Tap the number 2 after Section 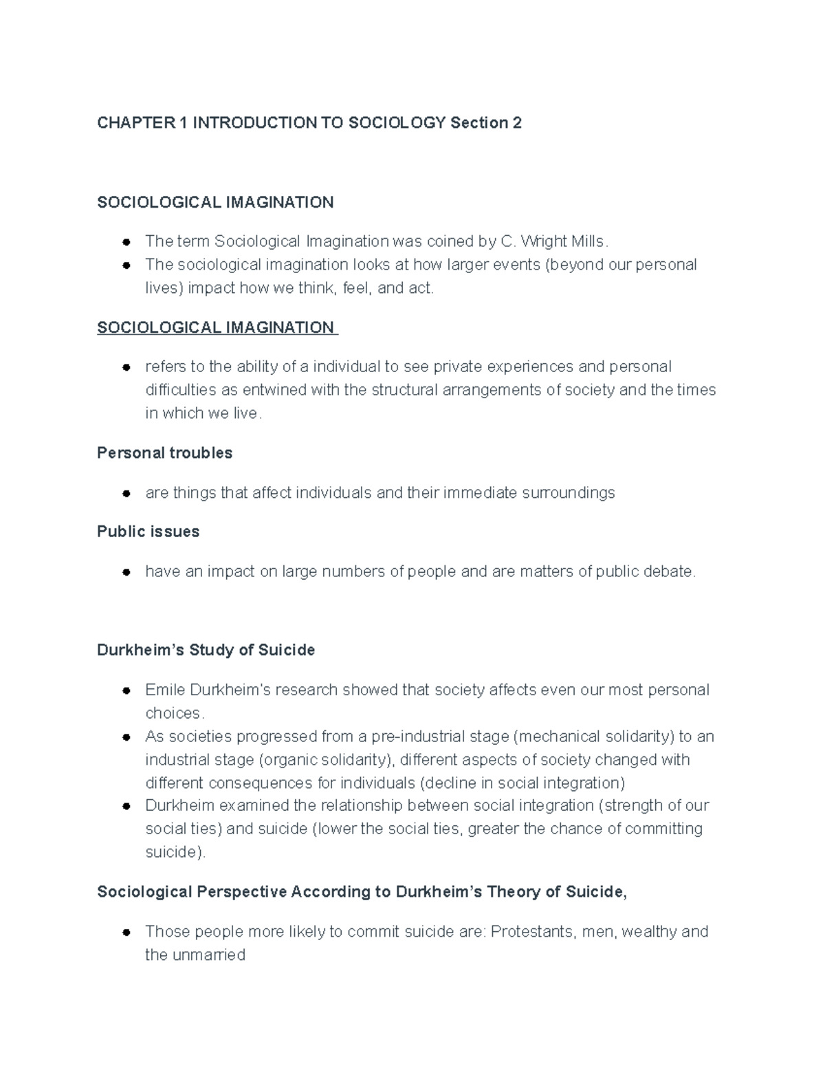tap(517, 123)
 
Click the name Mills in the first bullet tap(586, 241)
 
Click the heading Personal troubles tap(165, 453)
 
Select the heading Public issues tap(148, 532)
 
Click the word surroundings tap(569, 493)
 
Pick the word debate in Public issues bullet tap(670, 571)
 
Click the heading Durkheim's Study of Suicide tap(206, 650)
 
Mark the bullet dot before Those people tap(126, 933)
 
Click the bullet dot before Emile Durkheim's tap(126, 690)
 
